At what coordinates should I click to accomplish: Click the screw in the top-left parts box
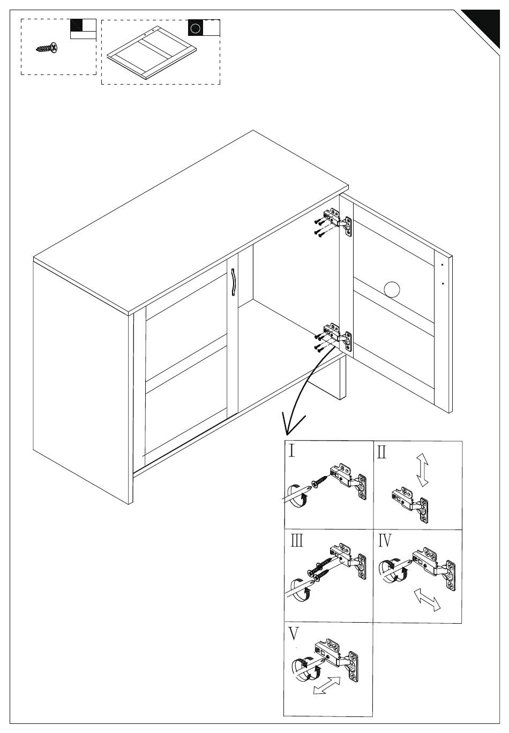[47, 49]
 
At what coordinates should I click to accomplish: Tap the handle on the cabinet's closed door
[234, 282]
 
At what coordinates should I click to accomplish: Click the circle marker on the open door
[392, 290]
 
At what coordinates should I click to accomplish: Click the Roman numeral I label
[292, 450]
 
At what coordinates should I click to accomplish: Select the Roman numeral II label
[381, 452]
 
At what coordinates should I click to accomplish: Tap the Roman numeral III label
[297, 541]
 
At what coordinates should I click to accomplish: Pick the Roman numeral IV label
[385, 541]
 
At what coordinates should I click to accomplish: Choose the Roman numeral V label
[294, 634]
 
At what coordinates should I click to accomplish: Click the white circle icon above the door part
[196, 28]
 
